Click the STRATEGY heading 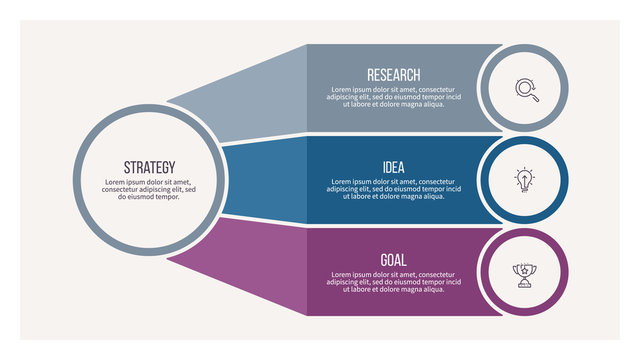(149, 167)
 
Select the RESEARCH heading (393, 75)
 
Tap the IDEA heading (393, 167)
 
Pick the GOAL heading (393, 260)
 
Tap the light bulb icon (525, 180)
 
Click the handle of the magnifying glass (535, 98)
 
